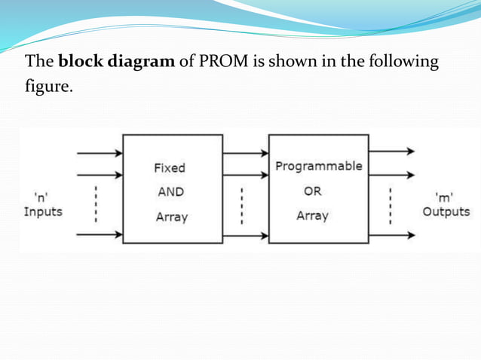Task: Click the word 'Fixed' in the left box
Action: [170, 168]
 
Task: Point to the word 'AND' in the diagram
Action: [170, 192]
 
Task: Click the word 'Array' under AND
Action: [170, 217]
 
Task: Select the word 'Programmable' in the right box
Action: [318, 166]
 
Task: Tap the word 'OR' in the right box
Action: [312, 191]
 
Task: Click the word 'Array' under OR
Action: [312, 216]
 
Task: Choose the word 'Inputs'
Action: [42, 212]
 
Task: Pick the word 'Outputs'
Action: [446, 212]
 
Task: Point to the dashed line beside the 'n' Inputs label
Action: [96, 203]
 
